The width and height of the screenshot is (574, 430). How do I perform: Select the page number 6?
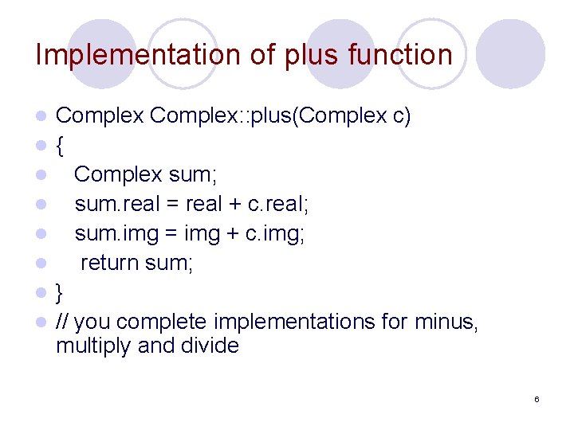coord(537,399)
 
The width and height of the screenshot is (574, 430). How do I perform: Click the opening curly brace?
coord(60,146)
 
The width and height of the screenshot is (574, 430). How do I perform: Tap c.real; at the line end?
coord(278,204)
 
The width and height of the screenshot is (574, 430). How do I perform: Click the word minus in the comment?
coord(446,322)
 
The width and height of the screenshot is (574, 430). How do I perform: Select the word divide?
coord(211,346)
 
